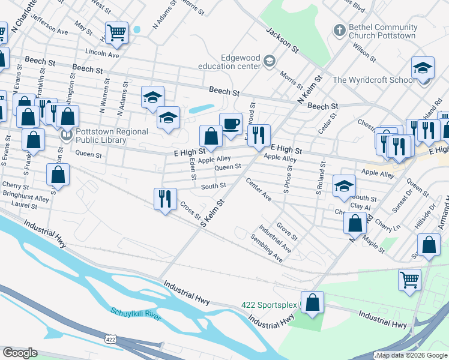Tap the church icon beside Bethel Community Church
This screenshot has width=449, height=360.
tap(339, 30)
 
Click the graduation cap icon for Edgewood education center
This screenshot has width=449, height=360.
tap(270, 61)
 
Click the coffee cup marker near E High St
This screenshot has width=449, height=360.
tap(231, 125)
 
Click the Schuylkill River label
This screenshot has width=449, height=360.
tap(136, 314)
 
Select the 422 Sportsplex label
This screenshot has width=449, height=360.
tap(269, 305)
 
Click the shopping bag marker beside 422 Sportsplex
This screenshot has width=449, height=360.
tap(312, 303)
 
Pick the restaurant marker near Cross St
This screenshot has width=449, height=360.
tap(164, 199)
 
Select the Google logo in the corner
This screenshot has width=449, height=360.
tap(20, 353)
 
